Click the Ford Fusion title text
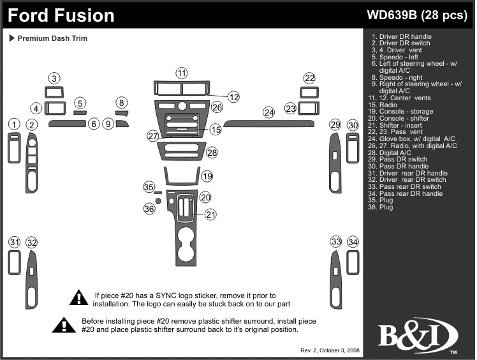tap(62, 15)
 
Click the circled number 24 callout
tap(270, 112)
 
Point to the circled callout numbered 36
tap(149, 209)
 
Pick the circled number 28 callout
tap(212, 153)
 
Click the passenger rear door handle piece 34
tap(353, 262)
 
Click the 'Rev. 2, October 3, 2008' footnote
tap(330, 350)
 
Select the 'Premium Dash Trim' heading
tap(52, 38)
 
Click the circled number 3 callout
tap(55, 79)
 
